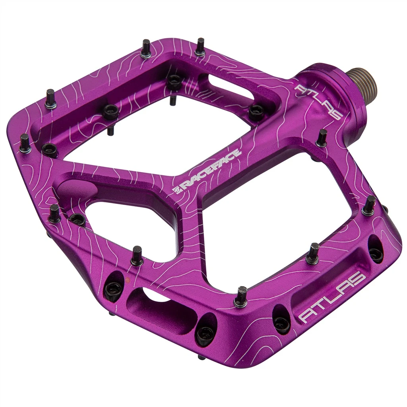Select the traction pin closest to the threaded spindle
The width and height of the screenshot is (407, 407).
tap(321, 138)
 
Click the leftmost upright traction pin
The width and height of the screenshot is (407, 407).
tap(25, 143)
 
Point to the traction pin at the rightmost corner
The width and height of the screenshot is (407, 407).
tap(369, 205)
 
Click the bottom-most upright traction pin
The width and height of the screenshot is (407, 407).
tap(241, 297)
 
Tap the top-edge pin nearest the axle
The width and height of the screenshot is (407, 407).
tap(200, 47)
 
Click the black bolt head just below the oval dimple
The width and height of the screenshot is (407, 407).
tap(77, 218)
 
